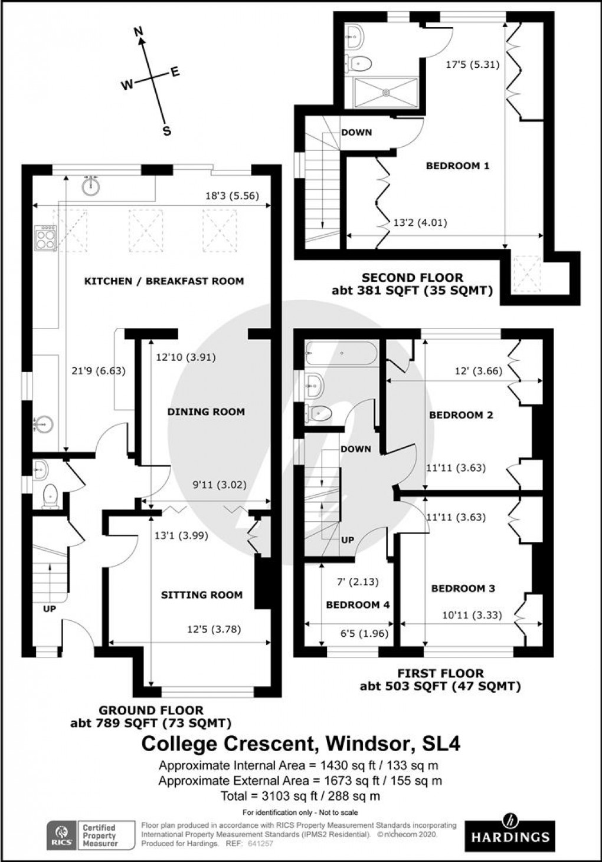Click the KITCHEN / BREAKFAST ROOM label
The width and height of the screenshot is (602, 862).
[163, 281]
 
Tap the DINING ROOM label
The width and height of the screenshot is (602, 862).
[205, 412]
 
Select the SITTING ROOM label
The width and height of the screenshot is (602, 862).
[202, 595]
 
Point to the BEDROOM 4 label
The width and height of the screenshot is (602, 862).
[358, 605]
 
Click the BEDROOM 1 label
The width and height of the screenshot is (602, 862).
[457, 166]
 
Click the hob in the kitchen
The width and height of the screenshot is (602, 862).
[46, 238]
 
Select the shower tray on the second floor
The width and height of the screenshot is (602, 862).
[386, 93]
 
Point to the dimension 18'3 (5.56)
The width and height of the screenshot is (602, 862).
[231, 196]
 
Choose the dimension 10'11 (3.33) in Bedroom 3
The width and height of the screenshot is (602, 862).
[472, 615]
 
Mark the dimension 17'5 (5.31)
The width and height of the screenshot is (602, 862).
[472, 65]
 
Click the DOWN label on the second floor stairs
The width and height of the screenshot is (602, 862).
[356, 132]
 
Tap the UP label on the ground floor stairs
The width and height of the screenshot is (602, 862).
[50, 608]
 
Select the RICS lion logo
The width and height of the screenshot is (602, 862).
[62, 835]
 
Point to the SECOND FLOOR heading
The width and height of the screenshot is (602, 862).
[412, 277]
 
